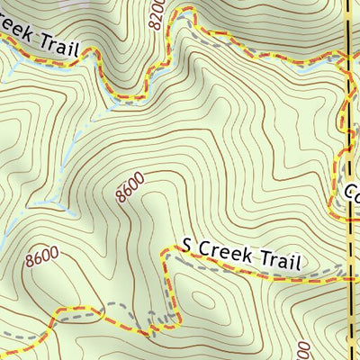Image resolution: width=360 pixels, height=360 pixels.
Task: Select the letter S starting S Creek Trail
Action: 187,244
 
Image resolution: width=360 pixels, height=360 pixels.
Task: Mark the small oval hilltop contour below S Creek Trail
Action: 200,299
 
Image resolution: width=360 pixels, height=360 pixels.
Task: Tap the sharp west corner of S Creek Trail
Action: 164,254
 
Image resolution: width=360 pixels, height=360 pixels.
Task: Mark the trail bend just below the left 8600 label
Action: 56,315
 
